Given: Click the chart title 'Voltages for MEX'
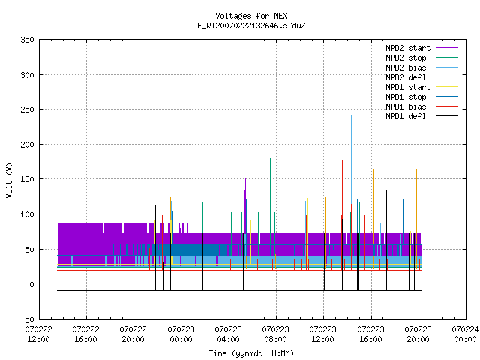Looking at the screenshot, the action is click(x=251, y=16).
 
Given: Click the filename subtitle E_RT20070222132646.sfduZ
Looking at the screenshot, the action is click(x=251, y=25).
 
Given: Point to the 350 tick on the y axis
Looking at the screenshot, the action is click(x=27, y=40).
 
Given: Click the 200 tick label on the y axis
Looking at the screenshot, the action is click(x=27, y=145).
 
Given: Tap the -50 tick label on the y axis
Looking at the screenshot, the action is click(x=27, y=319).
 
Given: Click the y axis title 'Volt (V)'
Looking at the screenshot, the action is click(x=9, y=180).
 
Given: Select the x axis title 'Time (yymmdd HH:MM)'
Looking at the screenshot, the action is click(x=251, y=353).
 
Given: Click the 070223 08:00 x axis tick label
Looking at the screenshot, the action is click(x=275, y=334).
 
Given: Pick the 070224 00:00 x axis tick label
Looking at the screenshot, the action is click(x=465, y=334).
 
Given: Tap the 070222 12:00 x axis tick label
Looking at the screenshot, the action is click(x=38, y=334).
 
